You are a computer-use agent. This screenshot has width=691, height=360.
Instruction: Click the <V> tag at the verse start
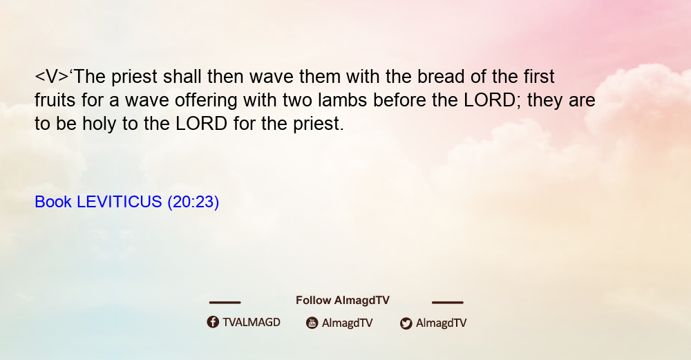(x=52, y=77)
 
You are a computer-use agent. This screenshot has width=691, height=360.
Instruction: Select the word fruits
(x=55, y=100)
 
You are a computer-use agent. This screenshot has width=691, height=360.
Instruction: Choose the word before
(x=399, y=100)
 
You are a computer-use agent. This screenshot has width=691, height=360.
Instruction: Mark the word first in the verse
(x=539, y=76)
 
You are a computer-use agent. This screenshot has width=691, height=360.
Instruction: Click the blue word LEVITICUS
(x=120, y=202)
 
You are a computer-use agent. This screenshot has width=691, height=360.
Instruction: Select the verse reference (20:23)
(x=193, y=202)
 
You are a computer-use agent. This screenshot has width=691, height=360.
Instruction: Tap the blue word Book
(x=53, y=202)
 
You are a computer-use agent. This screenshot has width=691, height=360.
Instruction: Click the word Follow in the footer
(x=313, y=301)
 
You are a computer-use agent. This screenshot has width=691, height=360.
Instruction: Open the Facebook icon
(x=213, y=322)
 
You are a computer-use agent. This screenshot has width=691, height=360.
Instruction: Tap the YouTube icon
(x=312, y=323)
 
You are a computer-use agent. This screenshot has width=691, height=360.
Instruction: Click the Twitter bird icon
(x=406, y=323)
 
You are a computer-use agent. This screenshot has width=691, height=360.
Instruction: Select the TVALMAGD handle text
(x=252, y=323)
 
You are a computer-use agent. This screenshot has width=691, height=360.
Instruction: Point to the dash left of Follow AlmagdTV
(x=225, y=303)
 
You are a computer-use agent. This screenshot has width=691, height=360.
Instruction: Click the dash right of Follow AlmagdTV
(x=448, y=303)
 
